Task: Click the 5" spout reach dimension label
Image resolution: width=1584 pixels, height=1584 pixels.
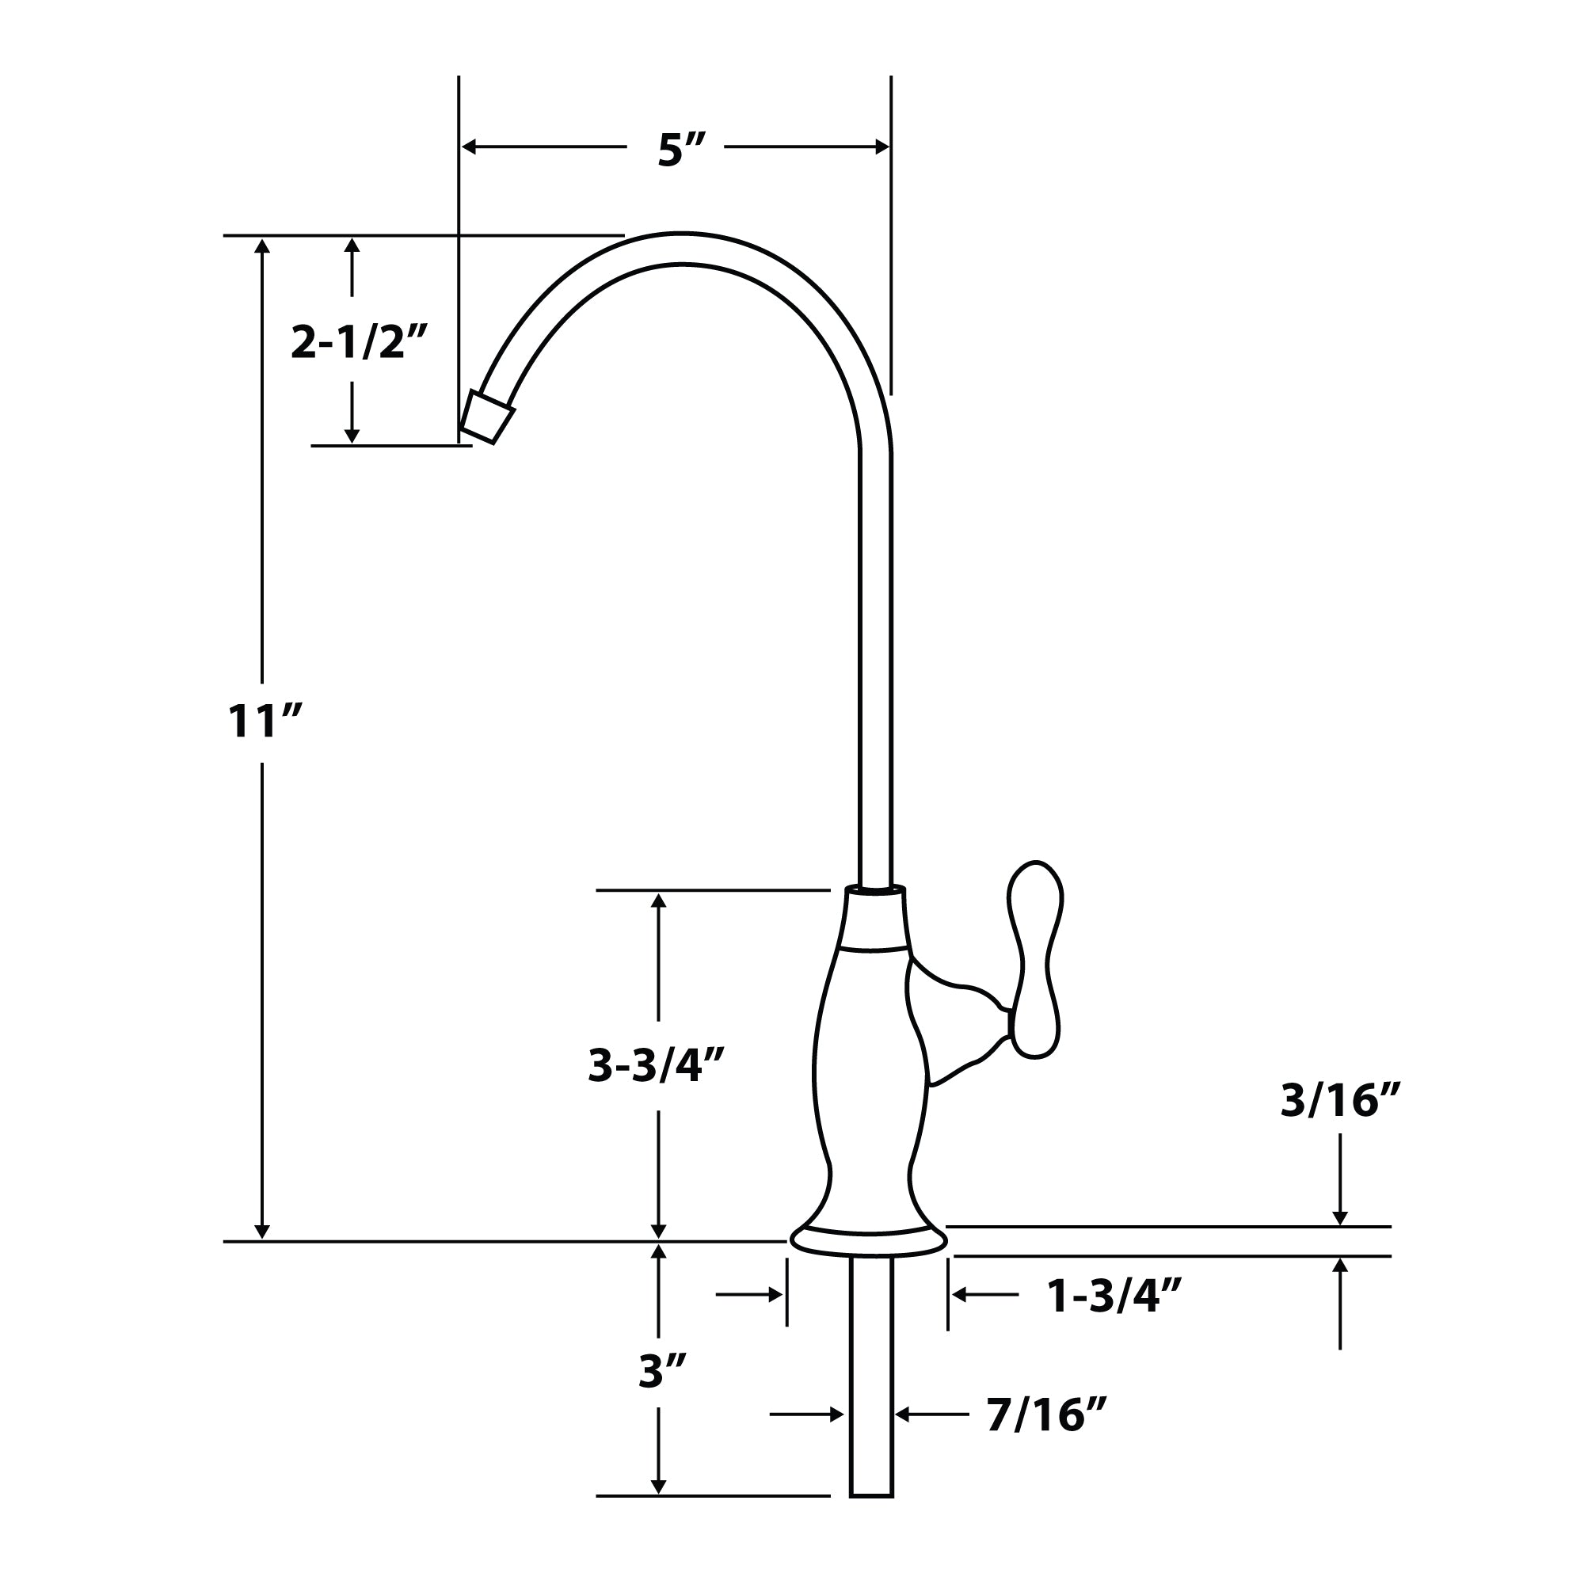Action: pos(680,150)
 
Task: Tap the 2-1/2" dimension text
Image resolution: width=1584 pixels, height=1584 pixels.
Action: pos(359,341)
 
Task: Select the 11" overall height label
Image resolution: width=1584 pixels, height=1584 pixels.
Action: pos(264,722)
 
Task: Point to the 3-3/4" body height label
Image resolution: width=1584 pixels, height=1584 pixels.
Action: pos(656,1066)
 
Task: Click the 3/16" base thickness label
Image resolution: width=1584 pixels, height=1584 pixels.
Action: pos(1341,1099)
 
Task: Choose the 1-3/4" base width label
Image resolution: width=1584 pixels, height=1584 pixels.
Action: pos(1114,1297)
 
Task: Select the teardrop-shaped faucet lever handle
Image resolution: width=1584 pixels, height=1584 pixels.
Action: pos(1034,959)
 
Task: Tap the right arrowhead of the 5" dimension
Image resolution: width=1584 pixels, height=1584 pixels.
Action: pos(882,147)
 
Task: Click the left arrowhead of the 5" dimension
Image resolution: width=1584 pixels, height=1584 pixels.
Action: pos(469,147)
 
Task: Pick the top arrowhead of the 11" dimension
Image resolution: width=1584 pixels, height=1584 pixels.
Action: pos(262,246)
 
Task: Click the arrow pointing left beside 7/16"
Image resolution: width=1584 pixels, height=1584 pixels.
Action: pos(903,1415)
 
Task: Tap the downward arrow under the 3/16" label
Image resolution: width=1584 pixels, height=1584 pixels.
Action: pos(1340,1217)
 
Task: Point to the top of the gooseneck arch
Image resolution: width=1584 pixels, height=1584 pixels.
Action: pos(682,249)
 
